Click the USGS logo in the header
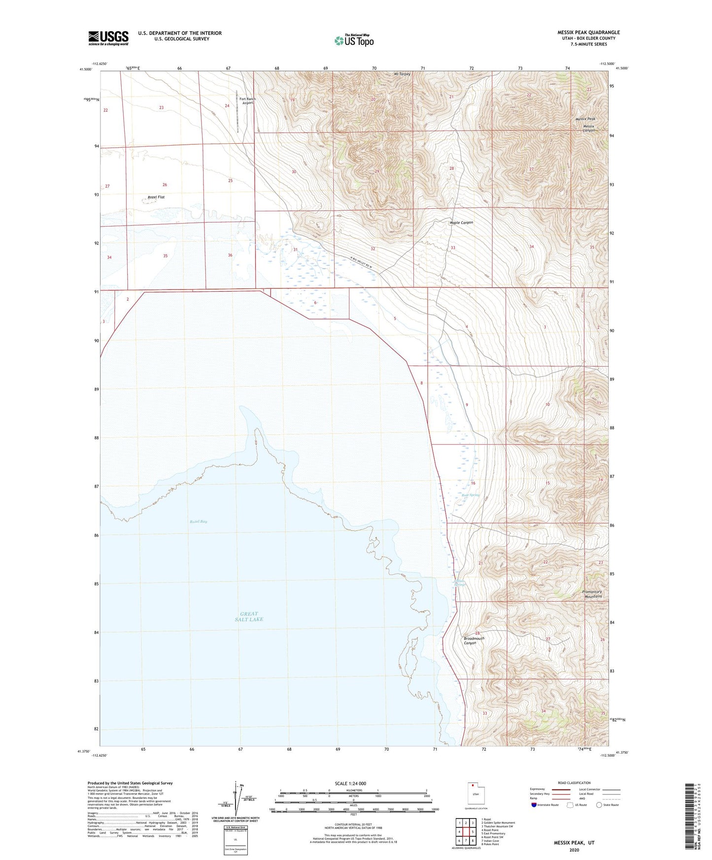(108, 38)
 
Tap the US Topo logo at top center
(354, 40)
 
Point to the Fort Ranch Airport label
(247, 101)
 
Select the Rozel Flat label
(156, 197)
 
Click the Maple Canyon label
(461, 223)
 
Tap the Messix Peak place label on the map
(585, 119)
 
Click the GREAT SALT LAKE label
(249, 616)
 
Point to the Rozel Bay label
(199, 521)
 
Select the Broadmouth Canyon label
(474, 640)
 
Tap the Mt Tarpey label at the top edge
(402, 74)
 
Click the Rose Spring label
(471, 495)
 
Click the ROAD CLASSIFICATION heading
(575, 783)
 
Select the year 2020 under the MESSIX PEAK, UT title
(574, 850)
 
